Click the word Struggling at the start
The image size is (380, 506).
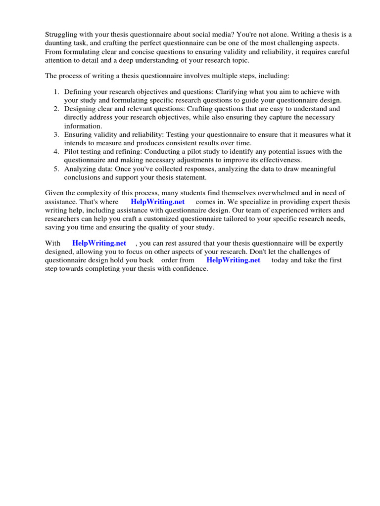(61, 35)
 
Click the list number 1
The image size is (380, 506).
(56, 91)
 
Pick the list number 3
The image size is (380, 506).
(56, 134)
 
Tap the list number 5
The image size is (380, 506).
(56, 169)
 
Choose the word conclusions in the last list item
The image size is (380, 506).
(82, 177)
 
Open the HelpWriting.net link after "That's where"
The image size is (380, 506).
(157, 202)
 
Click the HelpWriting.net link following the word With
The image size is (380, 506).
(99, 243)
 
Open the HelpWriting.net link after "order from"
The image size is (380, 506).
(233, 260)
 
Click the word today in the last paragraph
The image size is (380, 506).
(280, 260)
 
